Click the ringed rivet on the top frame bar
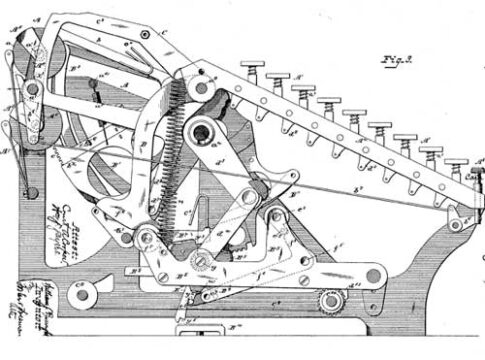click(x=146, y=34)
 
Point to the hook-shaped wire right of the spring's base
click(x=200, y=215)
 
